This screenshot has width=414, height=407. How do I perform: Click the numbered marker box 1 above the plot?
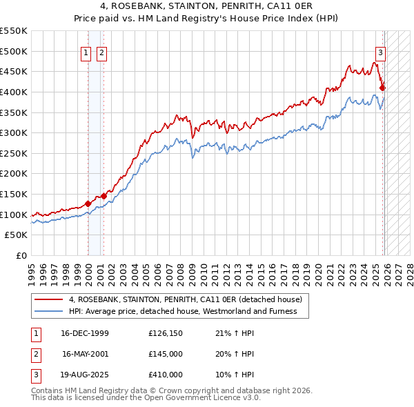point(86,52)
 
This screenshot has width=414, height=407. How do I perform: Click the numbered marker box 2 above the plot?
point(101,52)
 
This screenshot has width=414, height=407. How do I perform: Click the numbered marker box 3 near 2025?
point(380,52)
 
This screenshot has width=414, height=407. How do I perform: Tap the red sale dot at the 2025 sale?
point(382,88)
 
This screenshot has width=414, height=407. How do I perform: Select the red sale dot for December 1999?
point(88,203)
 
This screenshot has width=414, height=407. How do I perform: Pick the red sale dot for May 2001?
point(103,196)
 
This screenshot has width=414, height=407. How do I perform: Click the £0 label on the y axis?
point(21,255)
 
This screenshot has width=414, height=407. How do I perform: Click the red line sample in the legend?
point(49,300)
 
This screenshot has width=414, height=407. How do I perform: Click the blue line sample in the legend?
point(49,311)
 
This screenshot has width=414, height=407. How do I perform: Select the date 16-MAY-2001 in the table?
point(85,354)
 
